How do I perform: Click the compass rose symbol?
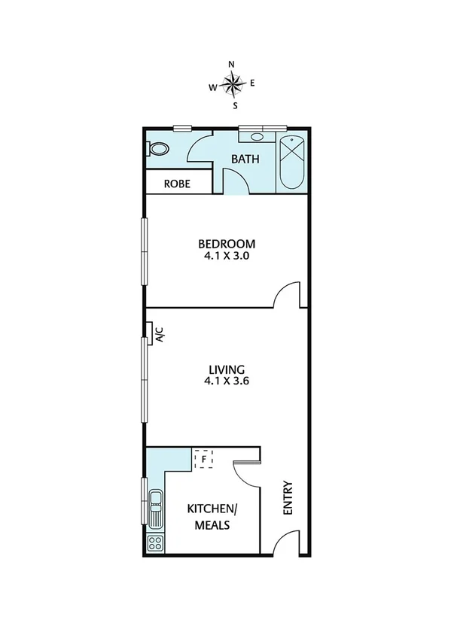(231, 84)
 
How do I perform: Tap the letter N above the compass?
(231, 65)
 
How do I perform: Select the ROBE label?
(178, 184)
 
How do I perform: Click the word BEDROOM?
(227, 244)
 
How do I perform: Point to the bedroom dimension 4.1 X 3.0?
(227, 256)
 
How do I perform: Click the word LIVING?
(227, 369)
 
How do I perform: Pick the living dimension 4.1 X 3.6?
(227, 381)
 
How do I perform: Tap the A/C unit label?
(159, 333)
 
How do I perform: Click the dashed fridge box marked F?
(204, 457)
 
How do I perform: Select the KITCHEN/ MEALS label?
(212, 517)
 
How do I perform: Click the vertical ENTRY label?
(287, 498)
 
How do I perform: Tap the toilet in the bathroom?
(158, 149)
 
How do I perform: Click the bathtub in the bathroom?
(291, 164)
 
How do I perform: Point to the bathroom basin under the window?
(257, 138)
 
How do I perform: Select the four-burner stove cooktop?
(155, 544)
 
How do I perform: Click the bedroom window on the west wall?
(145, 251)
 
